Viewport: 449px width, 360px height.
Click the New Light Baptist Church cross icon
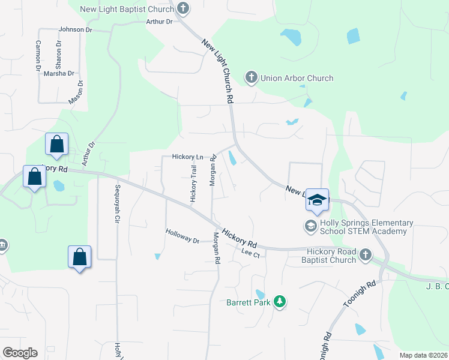[183, 8]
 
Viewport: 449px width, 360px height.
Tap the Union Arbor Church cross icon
[251, 77]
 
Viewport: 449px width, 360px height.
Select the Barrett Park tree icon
[279, 301]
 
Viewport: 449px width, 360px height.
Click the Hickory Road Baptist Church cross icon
[365, 256]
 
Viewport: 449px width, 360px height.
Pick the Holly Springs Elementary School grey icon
[310, 226]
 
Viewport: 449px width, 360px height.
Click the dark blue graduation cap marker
[317, 200]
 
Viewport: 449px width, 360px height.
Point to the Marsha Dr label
[59, 74]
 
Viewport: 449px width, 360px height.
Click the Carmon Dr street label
[38, 53]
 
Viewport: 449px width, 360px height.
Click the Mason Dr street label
[75, 94]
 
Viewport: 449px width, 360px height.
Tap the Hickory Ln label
[188, 157]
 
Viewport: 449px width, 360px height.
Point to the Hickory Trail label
[193, 184]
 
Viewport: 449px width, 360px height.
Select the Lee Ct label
[250, 254]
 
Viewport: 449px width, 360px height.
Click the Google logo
[20, 353]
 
